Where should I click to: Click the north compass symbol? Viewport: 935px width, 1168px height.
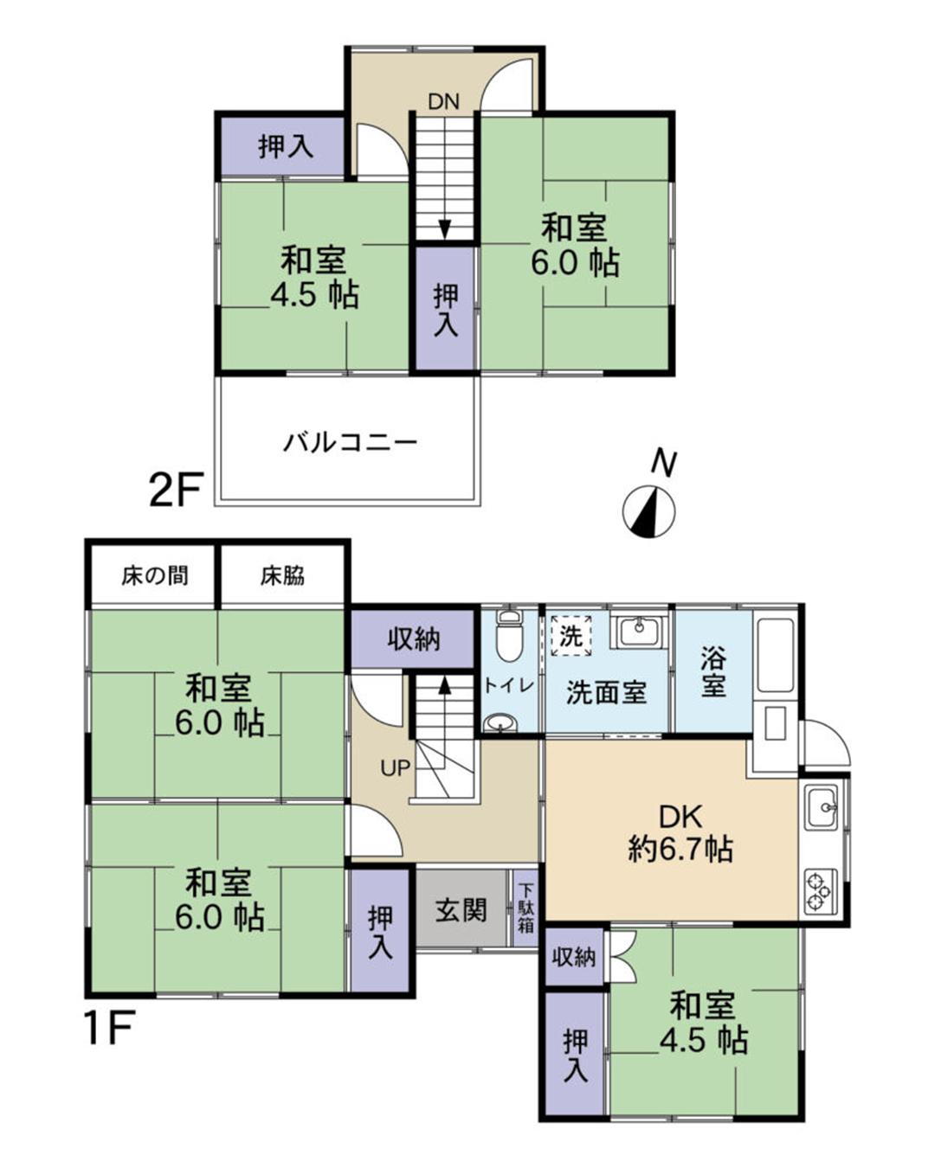(x=649, y=510)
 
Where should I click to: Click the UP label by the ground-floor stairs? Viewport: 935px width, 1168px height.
(x=395, y=767)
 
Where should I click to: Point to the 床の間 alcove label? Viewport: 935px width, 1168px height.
(x=154, y=575)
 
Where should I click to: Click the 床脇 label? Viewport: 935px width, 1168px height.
(x=283, y=575)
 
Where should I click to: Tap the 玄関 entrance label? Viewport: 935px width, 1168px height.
(x=460, y=910)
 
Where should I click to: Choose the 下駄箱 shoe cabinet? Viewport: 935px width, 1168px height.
(x=526, y=908)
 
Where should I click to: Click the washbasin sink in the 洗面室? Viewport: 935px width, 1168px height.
(x=639, y=629)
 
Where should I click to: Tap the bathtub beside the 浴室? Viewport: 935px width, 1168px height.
(x=775, y=655)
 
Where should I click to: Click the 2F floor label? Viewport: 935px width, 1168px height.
(x=176, y=491)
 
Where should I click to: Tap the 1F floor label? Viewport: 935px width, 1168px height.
(x=108, y=1029)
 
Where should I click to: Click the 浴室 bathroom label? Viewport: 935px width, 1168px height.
(x=713, y=672)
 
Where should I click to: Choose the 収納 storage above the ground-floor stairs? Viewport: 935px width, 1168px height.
(x=413, y=639)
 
